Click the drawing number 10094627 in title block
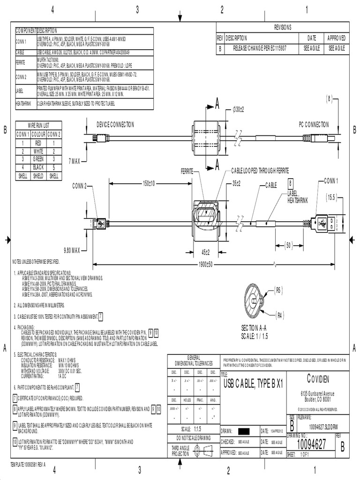[310, 445]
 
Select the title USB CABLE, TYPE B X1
[253, 384]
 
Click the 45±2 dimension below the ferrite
[205, 252]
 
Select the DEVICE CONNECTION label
[115, 125]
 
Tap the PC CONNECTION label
[314, 125]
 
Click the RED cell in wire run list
[38, 143]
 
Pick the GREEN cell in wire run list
[38, 159]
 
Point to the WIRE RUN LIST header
[38, 126]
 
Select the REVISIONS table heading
[283, 27]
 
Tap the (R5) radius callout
[278, 291]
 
